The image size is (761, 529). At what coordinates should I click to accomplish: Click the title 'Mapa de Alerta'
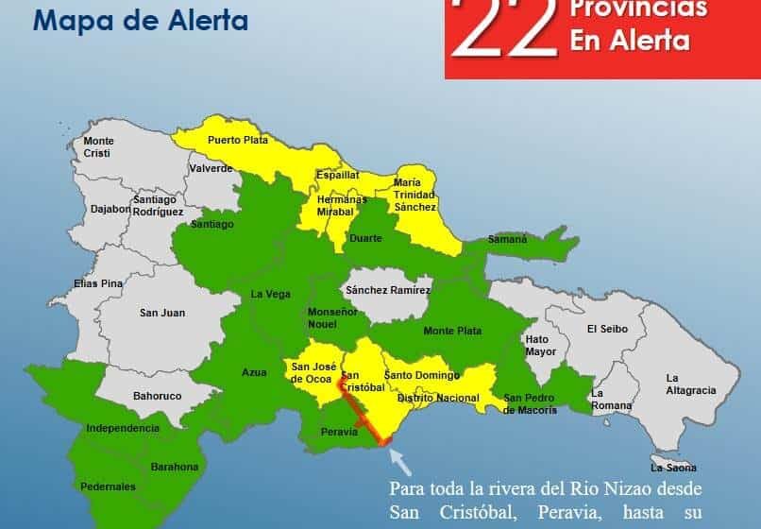pos(141,19)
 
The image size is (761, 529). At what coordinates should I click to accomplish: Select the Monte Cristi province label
pos(98,146)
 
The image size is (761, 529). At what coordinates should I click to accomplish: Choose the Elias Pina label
pos(98,282)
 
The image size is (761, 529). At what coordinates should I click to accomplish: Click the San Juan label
pos(162,313)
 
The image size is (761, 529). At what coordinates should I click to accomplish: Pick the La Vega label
pos(270,294)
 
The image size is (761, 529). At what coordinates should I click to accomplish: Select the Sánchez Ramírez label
pos(388,290)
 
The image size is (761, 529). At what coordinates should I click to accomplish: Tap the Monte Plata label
pos(452,331)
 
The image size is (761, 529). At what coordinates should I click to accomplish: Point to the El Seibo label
pos(606,329)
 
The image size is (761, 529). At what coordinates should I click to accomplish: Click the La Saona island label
pos(673,467)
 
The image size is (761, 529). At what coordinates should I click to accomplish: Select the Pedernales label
pos(108,486)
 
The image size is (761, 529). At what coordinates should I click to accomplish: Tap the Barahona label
pos(175,467)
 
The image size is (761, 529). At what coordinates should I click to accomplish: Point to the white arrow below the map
pos(400,462)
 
